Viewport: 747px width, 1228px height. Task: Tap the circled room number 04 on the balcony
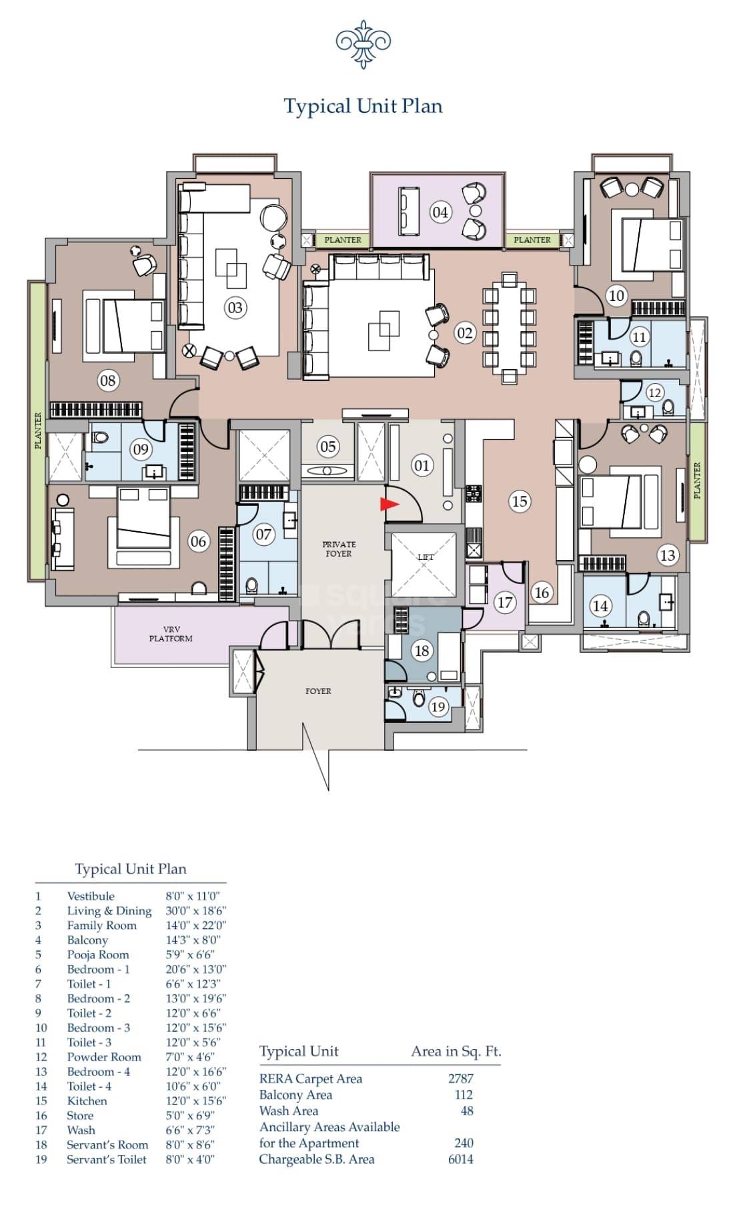coord(440,212)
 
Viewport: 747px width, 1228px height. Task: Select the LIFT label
coord(426,557)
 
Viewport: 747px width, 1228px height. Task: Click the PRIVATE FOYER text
coord(339,549)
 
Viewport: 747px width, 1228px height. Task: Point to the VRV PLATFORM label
coord(171,634)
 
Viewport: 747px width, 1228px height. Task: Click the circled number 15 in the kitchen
coord(520,501)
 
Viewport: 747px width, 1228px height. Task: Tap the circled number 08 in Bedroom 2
coord(107,381)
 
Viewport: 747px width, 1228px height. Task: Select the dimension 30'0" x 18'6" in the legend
coord(195,910)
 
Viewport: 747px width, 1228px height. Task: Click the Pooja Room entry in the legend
coord(98,954)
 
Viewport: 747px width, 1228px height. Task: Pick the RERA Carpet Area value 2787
coord(460,1078)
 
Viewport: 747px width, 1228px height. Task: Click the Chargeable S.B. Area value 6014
coord(460,1159)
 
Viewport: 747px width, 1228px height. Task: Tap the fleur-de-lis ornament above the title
coord(363,44)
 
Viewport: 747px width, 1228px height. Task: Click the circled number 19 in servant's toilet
coord(438,707)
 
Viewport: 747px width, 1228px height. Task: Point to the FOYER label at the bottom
coord(318,691)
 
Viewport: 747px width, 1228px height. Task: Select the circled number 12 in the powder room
coord(654,392)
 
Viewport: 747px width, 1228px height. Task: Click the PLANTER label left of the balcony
coord(343,240)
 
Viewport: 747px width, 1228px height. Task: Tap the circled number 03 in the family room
coord(235,308)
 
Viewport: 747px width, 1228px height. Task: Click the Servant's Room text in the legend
coord(107,1145)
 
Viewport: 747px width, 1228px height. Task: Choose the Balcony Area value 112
coord(463,1095)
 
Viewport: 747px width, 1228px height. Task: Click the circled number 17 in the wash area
coord(505,603)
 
